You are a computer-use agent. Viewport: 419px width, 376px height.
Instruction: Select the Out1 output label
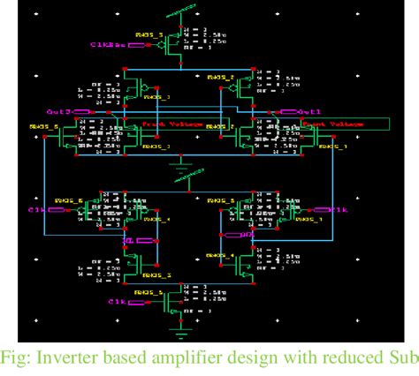[312, 112]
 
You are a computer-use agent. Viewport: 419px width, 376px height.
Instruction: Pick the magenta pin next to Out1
[287, 112]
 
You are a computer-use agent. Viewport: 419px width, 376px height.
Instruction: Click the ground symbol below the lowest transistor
[181, 333]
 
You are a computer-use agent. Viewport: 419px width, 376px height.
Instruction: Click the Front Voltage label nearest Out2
[164, 125]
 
